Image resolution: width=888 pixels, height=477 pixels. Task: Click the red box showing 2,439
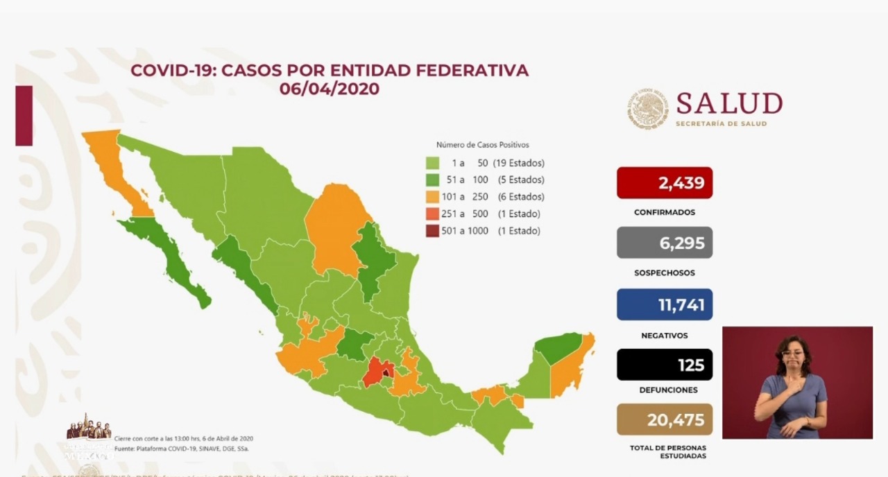pos(664,183)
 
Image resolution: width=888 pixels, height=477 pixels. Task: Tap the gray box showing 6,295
pos(664,243)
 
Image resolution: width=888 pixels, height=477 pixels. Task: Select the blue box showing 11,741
pos(664,304)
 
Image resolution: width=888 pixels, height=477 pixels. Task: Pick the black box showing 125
pos(664,365)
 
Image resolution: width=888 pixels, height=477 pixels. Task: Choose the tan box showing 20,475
pos(664,420)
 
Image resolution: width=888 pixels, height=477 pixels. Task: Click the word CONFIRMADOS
pos(664,212)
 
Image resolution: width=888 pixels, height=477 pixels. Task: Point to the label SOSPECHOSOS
pos(664,273)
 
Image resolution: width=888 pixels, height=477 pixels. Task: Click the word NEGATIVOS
pos(664,336)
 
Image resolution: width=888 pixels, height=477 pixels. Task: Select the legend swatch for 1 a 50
pos(432,164)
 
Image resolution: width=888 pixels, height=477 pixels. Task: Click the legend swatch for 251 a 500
pos(432,214)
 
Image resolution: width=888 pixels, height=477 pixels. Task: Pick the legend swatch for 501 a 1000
pos(432,231)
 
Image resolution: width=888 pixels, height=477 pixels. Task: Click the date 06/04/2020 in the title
pos(330,89)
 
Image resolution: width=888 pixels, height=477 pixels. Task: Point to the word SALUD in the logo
pos(729,104)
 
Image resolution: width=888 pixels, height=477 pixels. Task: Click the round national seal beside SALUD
pos(648,109)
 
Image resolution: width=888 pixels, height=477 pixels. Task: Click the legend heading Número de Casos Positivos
pos(482,145)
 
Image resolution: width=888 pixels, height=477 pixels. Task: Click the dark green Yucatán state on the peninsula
pos(559,347)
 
